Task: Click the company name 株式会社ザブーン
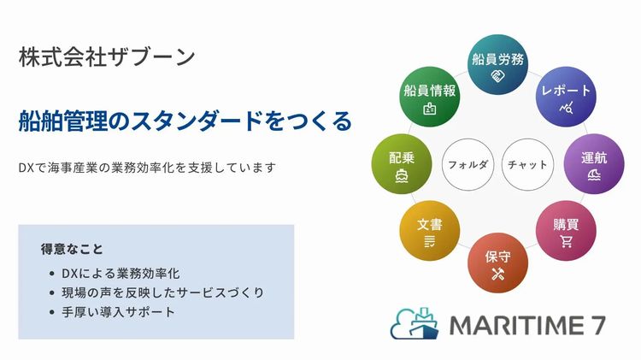[x=107, y=56]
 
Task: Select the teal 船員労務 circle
[x=497, y=65]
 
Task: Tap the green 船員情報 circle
[x=430, y=97]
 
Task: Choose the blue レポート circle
[x=566, y=97]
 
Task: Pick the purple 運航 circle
[x=594, y=164]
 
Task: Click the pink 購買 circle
[x=566, y=231]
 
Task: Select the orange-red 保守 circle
[x=497, y=263]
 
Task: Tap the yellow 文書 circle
[x=430, y=231]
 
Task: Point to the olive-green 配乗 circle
[x=402, y=164]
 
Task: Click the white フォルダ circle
[x=468, y=164]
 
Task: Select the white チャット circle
[x=527, y=164]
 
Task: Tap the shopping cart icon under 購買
[x=566, y=242]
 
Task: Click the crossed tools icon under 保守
[x=498, y=274]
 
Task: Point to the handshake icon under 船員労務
[x=497, y=76]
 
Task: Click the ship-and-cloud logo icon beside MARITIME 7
[x=415, y=323]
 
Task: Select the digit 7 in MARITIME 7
[x=598, y=326]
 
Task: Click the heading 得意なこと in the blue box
[x=72, y=249]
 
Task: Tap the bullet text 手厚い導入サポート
[x=118, y=312]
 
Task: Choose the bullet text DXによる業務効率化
[x=121, y=274]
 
